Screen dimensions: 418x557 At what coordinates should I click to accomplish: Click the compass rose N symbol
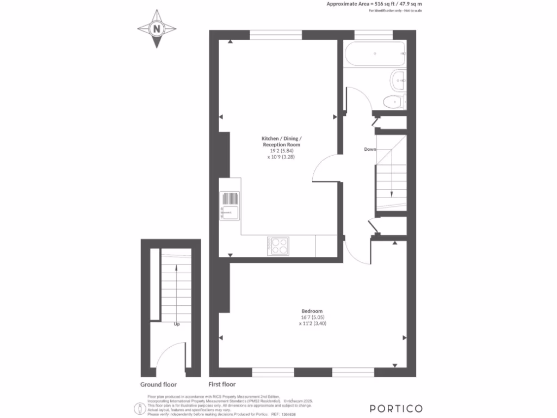coord(157,29)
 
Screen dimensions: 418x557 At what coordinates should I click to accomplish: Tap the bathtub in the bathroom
coord(375,54)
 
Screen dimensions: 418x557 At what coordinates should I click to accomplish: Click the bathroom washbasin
coord(398,81)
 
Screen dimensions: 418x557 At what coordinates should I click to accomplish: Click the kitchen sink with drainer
coord(230,206)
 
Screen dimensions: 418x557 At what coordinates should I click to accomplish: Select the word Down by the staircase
coord(370,149)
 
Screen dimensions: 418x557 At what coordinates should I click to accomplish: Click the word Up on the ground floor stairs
coord(177,324)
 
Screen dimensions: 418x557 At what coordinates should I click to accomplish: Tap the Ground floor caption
coord(158,384)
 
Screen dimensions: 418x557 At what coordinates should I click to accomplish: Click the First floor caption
coord(222,384)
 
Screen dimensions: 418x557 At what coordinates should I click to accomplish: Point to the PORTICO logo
coord(396,408)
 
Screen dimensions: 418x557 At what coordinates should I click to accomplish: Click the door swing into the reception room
coord(325,168)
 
